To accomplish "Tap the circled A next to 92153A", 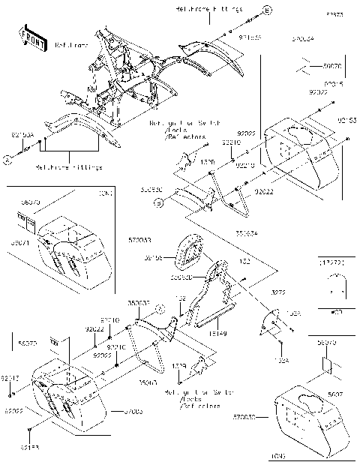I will click(6, 159).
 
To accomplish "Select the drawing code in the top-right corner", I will click(334, 14).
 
